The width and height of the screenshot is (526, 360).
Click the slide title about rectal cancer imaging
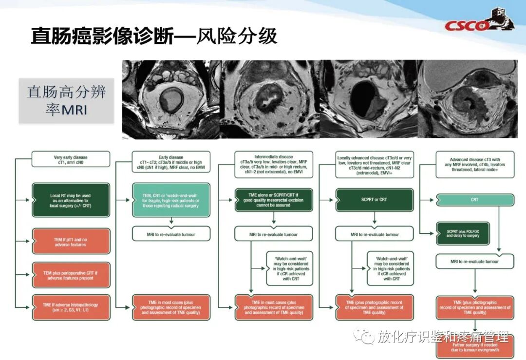(154, 37)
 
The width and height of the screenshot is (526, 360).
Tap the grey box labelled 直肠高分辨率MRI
(66, 100)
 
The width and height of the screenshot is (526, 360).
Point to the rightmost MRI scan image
(468, 99)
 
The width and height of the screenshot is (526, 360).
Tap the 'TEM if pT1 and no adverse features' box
(71, 241)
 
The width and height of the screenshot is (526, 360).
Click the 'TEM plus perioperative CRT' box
(71, 275)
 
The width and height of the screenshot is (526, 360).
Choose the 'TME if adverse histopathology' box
(71, 308)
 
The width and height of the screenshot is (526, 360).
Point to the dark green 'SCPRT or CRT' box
(374, 199)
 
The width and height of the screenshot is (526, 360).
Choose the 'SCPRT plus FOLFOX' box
(462, 232)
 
